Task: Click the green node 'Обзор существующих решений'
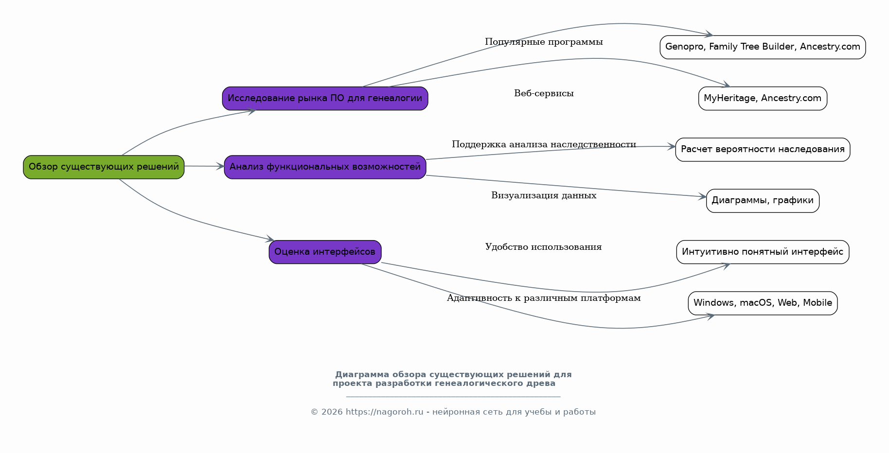[104, 167]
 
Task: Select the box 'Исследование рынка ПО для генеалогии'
[325, 99]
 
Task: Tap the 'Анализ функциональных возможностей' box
[325, 167]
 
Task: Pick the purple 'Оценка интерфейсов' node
[325, 252]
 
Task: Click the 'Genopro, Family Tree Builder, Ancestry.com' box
[763, 47]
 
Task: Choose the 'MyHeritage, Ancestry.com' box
[763, 99]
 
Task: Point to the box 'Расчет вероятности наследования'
[763, 150]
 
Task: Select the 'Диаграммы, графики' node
[763, 201]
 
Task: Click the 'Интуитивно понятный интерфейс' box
[763, 252]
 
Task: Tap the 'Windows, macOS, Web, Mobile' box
[763, 303]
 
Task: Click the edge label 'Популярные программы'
[544, 42]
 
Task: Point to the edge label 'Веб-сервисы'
[544, 93]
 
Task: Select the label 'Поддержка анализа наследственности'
[544, 144]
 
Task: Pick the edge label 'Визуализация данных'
[544, 195]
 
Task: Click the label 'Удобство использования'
[543, 247]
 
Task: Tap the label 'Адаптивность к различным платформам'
[544, 298]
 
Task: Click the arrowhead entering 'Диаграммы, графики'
[703, 196]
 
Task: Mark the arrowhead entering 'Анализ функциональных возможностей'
[220, 166]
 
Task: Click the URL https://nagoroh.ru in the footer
[384, 412]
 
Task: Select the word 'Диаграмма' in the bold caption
[362, 375]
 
